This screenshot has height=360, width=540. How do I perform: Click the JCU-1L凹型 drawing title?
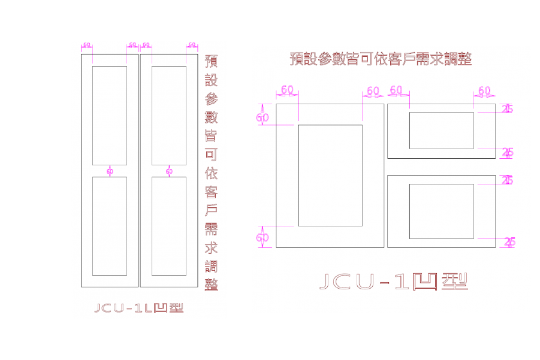coord(138,308)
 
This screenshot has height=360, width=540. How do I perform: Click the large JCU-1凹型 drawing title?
coord(393,281)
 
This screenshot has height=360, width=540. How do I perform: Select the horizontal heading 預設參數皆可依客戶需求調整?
coord(381,59)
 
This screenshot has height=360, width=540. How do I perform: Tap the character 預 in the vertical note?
coord(211,61)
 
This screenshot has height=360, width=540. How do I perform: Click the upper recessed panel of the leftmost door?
coord(110,115)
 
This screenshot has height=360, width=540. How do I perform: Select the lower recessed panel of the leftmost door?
coord(110,226)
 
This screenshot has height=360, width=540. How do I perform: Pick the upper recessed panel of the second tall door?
coord(168,115)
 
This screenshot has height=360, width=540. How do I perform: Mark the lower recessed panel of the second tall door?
coord(168,226)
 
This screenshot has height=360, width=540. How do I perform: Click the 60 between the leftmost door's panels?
coord(110,171)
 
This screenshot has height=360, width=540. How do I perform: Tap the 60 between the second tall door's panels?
coord(168,171)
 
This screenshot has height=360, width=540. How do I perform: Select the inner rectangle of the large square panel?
coord(330,176)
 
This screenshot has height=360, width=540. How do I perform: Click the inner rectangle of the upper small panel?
coord(442,130)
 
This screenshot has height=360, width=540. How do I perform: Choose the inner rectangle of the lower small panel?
coord(442,211)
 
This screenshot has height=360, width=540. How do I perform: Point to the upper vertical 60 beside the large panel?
coord(263,117)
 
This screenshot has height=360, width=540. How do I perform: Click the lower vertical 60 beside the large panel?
coord(263,237)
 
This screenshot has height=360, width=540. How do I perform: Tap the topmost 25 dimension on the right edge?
coord(508,108)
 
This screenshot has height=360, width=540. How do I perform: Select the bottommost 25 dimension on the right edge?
coord(509,242)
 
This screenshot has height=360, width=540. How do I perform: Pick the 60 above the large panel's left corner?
coord(287,90)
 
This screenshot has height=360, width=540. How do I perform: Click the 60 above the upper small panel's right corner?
coord(484,90)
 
